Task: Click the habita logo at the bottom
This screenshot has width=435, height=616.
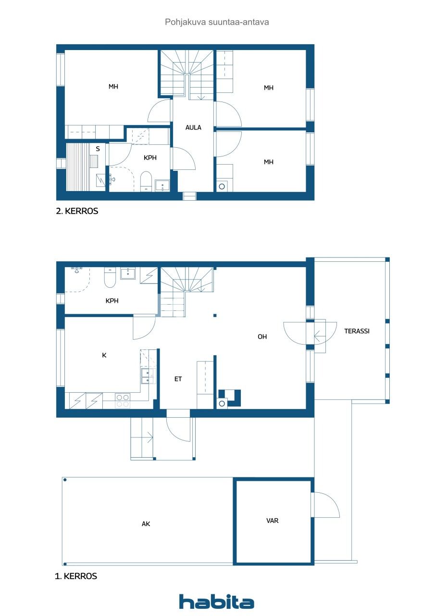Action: [x=217, y=602]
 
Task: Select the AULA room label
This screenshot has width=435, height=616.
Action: [x=193, y=128]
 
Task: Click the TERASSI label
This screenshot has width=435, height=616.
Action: [x=357, y=331]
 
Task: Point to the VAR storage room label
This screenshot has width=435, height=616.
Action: [x=273, y=520]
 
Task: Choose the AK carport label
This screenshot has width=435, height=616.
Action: [x=146, y=524]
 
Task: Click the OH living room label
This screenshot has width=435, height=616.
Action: [x=262, y=337]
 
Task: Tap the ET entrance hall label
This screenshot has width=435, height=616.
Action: [x=178, y=379]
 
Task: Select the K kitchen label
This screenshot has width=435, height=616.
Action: [x=104, y=355]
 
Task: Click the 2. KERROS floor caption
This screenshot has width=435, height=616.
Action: [x=77, y=211]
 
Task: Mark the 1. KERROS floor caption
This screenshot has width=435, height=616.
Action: [x=76, y=576]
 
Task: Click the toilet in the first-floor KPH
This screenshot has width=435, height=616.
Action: [x=110, y=278]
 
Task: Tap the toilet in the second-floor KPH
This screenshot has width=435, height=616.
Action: [x=146, y=181]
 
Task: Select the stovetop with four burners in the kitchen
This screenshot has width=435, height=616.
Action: [x=123, y=400]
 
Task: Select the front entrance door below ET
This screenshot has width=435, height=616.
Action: [x=178, y=427]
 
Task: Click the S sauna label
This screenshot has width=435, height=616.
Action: [x=98, y=149]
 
